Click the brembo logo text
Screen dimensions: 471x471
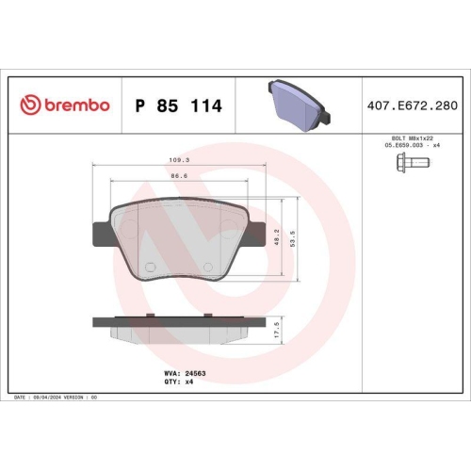74,106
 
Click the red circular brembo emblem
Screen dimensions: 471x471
27,106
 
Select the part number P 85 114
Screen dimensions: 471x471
179,106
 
